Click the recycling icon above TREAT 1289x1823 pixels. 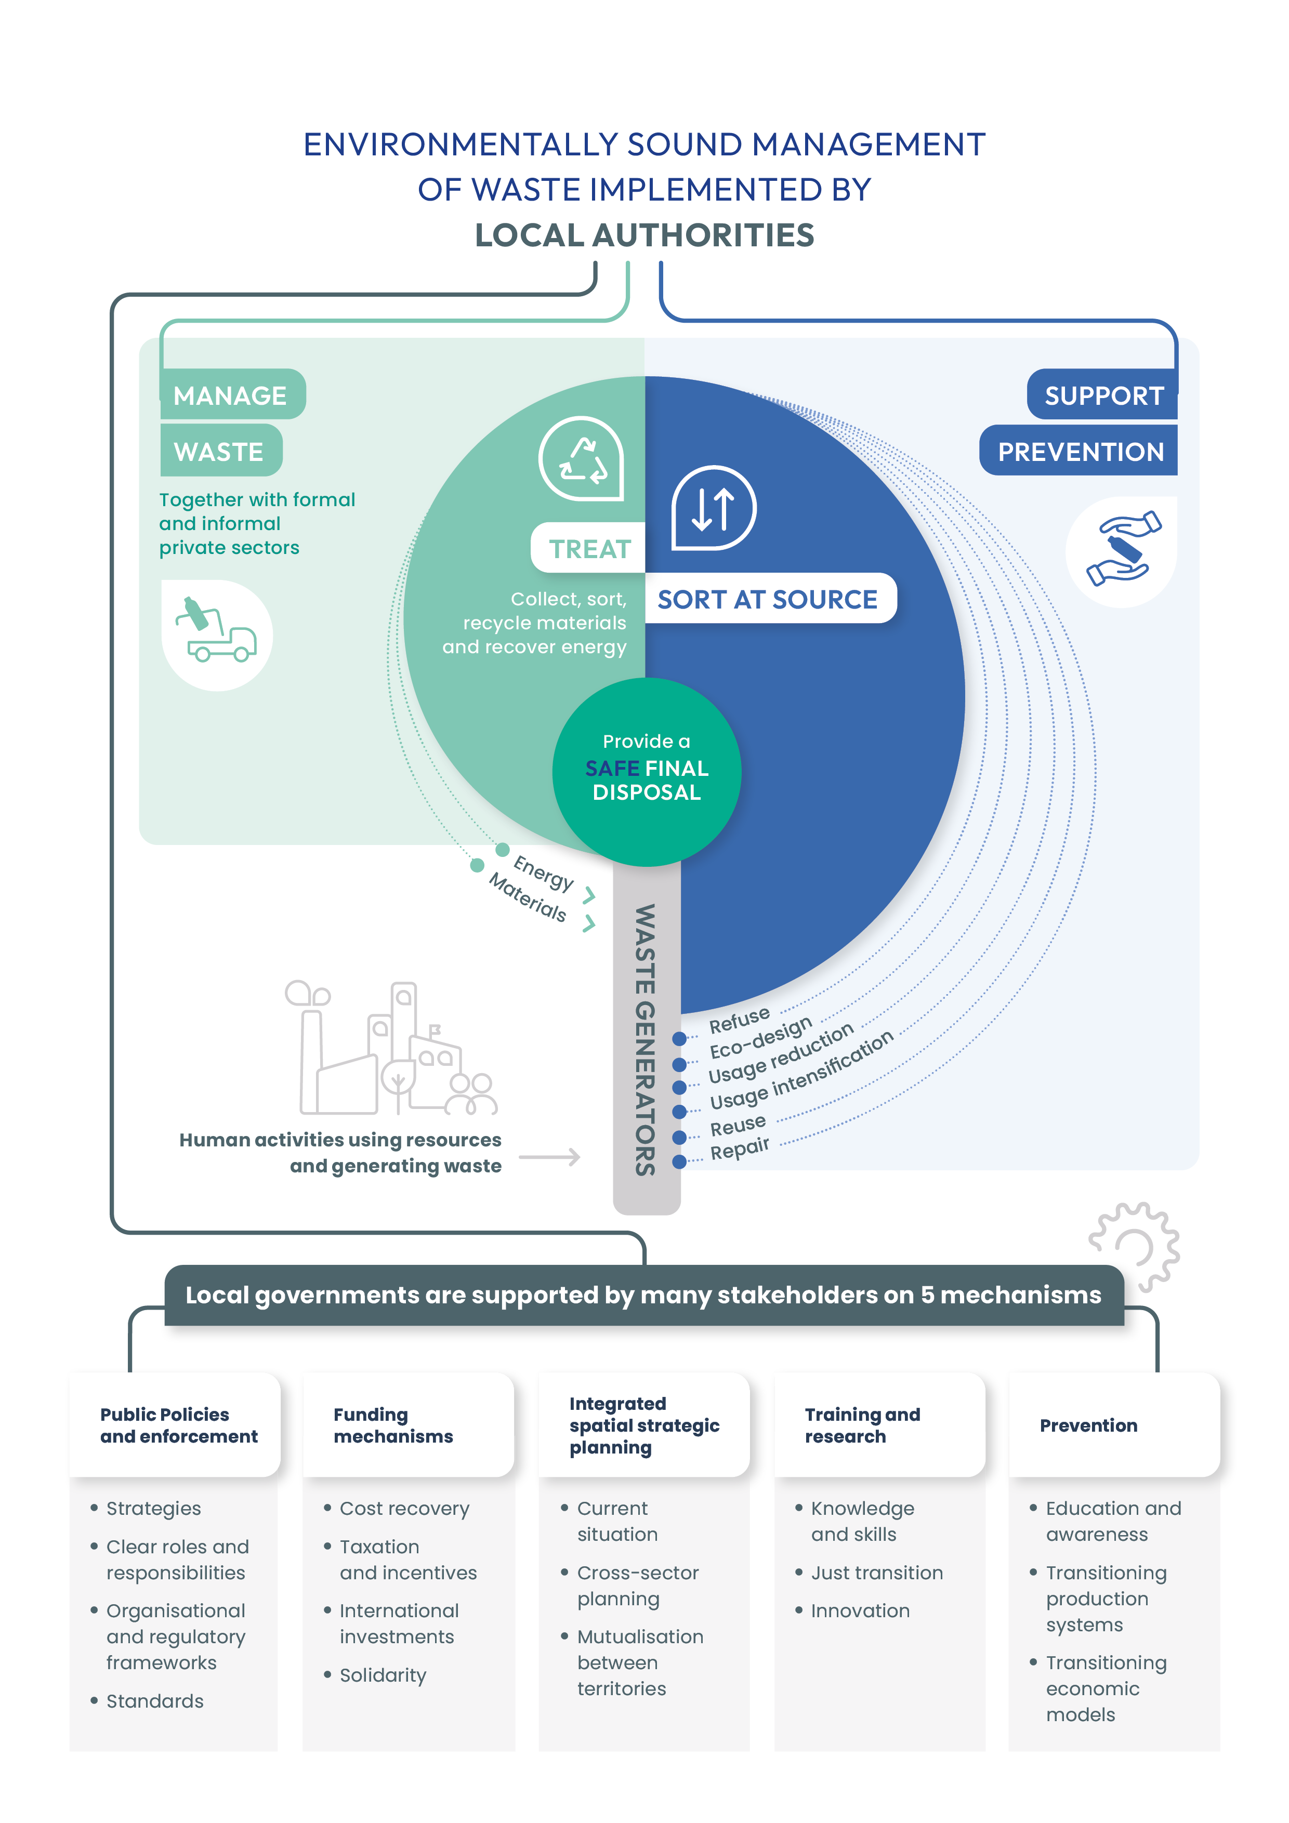pos(582,459)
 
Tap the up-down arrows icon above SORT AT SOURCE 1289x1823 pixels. pos(713,508)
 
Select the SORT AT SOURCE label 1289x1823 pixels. pos(767,600)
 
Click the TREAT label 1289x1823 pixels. pos(589,549)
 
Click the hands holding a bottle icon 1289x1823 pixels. pos(1122,549)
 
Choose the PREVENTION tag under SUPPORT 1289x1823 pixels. pos(1080,451)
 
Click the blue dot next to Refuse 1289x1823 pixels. pos(679,1038)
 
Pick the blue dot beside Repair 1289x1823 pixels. pos(679,1161)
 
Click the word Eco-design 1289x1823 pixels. pos(760,1038)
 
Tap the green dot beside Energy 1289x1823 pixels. pos(502,850)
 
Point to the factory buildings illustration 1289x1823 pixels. pos(389,1048)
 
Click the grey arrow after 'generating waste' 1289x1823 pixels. pos(549,1157)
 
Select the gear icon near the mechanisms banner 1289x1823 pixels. pos(1134,1245)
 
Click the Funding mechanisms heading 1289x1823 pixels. pos(393,1425)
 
